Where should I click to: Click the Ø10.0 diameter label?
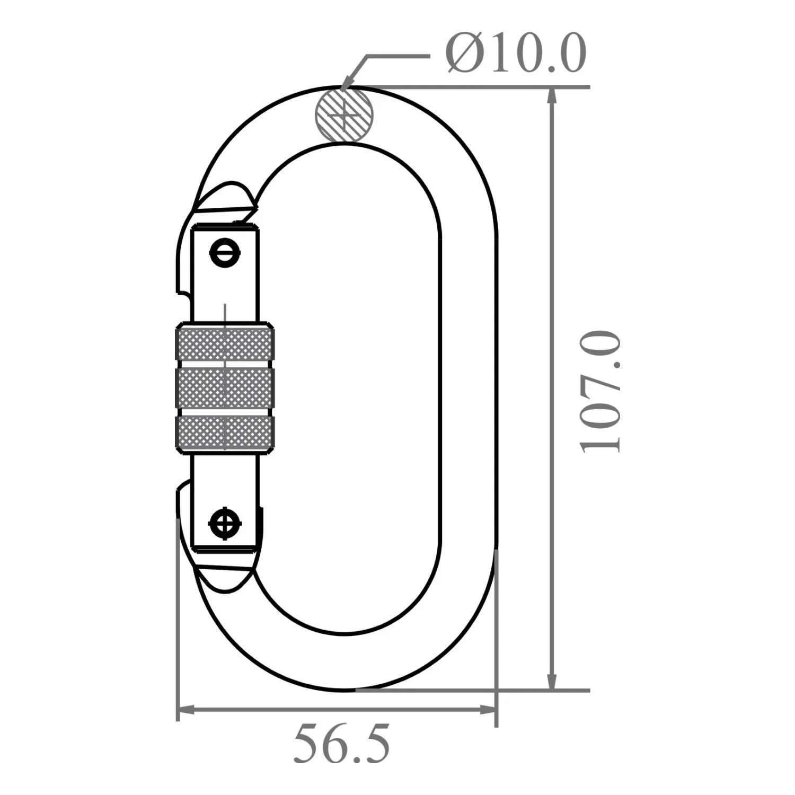pos(516,53)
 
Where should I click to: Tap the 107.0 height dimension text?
pos(600,392)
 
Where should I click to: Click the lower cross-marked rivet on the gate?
pos(225,524)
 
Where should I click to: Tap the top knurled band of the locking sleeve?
pos(224,343)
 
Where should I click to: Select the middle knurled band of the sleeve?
pos(224,388)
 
